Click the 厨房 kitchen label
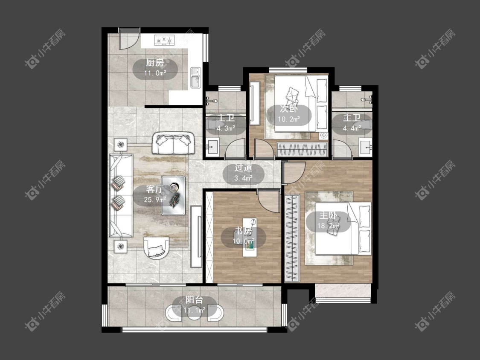coord(155,63)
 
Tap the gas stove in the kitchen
coord(164,40)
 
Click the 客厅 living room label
coord(155,189)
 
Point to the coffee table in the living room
coord(173,196)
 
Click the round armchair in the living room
coord(157,247)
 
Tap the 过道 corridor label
coord(243,168)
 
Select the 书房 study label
coord(243,231)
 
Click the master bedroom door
coord(294,173)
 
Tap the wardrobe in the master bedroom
coord(292,238)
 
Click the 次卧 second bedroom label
coord(289,109)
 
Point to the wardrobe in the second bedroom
coord(302,149)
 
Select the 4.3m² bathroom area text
coord(226,128)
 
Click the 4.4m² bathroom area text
coord(352,128)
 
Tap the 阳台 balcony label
coord(195,300)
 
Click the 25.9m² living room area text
coord(155,200)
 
